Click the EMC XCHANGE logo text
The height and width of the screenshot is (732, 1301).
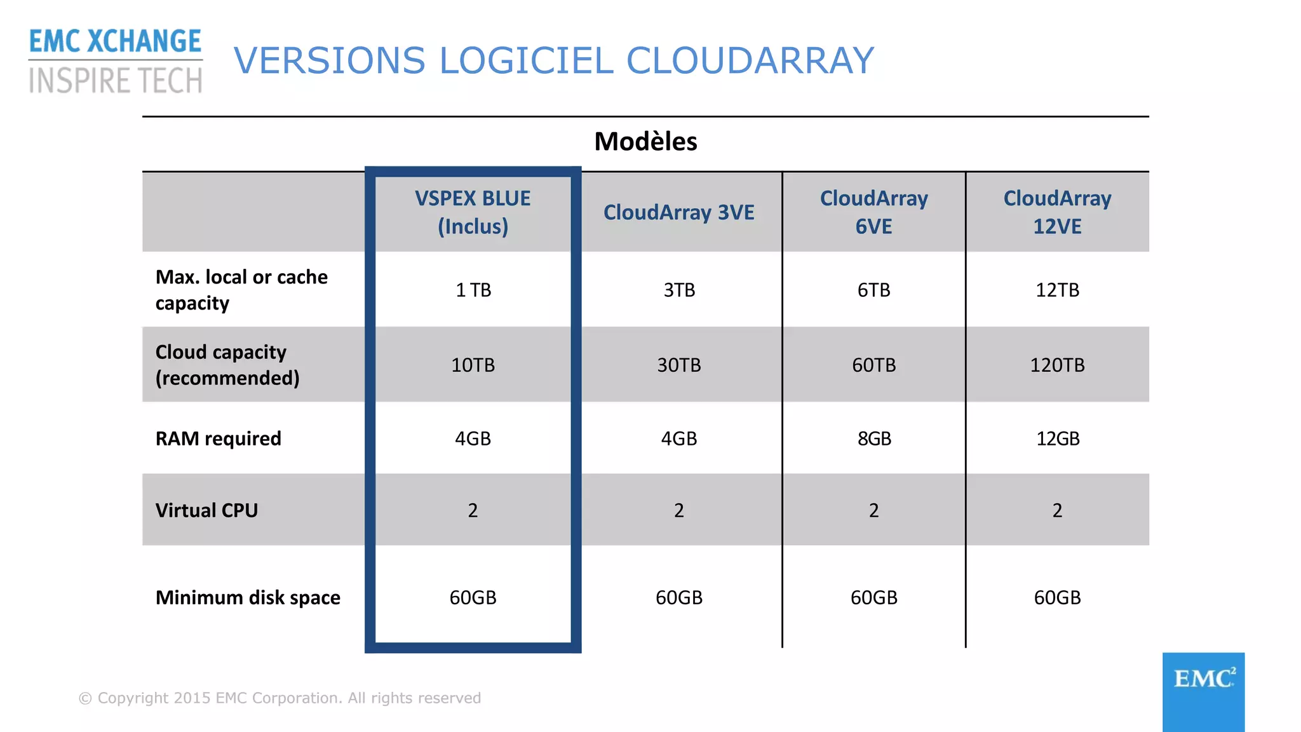pos(115,42)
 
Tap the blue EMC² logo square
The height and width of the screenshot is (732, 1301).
pos(1203,691)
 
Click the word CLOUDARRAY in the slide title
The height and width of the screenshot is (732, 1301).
pos(750,61)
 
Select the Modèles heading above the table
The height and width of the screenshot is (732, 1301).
pos(645,142)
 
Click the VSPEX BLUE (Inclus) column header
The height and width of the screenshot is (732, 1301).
pos(473,212)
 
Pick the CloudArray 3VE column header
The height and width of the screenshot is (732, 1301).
pos(678,212)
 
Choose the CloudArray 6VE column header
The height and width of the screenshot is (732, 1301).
pos(873,212)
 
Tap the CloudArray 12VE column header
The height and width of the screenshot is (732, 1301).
pos(1057,212)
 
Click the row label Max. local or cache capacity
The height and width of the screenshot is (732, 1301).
pos(241,290)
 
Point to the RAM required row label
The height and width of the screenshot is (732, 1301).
pos(218,438)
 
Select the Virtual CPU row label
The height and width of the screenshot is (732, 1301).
pos(206,510)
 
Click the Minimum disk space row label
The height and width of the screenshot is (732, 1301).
pos(248,597)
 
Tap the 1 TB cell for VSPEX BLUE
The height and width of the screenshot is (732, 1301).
pos(473,290)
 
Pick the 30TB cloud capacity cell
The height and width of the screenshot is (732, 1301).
pos(678,365)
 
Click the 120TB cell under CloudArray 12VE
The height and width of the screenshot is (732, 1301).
pos(1057,365)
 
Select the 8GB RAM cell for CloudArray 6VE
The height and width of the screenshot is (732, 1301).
pos(874,438)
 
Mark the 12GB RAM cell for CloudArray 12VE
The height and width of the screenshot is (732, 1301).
pos(1058,438)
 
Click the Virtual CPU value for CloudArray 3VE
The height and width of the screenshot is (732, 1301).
pos(678,510)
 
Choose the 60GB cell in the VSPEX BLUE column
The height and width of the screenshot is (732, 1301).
pos(473,597)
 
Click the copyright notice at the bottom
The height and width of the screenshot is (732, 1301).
pos(280,698)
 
